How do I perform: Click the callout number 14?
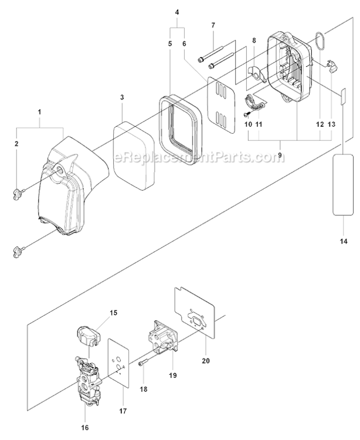point(344,241)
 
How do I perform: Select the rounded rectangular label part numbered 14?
point(343,185)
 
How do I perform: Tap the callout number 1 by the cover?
point(39,111)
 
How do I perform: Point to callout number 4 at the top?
point(177,11)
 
